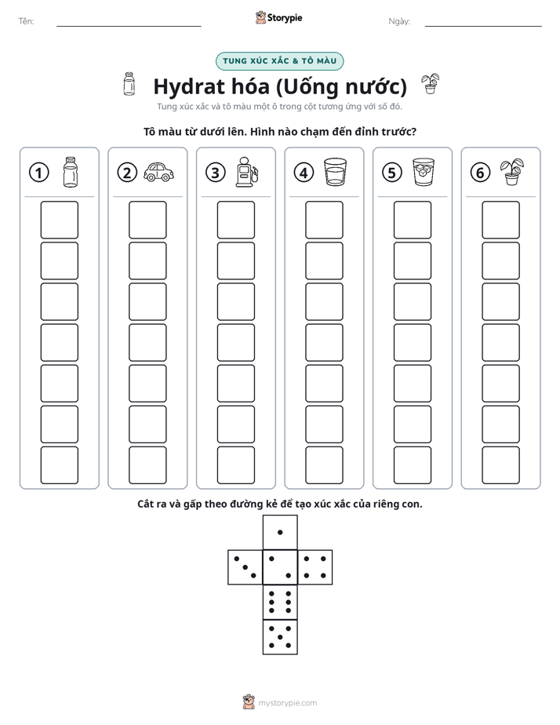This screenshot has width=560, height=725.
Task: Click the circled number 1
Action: (38, 173)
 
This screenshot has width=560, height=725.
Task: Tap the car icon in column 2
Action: (158, 172)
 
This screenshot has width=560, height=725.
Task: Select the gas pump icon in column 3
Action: (247, 172)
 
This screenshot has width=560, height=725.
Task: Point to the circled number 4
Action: (304, 173)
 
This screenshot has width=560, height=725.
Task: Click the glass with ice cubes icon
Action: (424, 172)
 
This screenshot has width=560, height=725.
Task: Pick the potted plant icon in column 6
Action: (512, 172)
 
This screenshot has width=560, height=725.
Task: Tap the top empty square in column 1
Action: (60, 220)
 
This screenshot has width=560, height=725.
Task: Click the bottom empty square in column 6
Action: (501, 465)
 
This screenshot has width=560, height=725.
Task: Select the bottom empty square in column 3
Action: (236, 465)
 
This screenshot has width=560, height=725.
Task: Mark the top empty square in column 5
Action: (413, 220)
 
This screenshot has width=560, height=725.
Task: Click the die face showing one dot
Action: (280, 533)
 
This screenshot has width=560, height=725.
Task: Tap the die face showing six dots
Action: (280, 603)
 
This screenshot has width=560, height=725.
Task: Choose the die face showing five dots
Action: (280, 637)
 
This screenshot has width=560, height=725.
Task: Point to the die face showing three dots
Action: (245, 567)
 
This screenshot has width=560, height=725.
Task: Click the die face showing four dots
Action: (315, 567)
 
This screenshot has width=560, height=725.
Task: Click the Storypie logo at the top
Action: (279, 18)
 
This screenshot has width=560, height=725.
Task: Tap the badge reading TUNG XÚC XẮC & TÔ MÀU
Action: (279, 61)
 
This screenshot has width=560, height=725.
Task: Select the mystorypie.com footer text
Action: (287, 703)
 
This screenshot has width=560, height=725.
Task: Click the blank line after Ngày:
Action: (483, 27)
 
